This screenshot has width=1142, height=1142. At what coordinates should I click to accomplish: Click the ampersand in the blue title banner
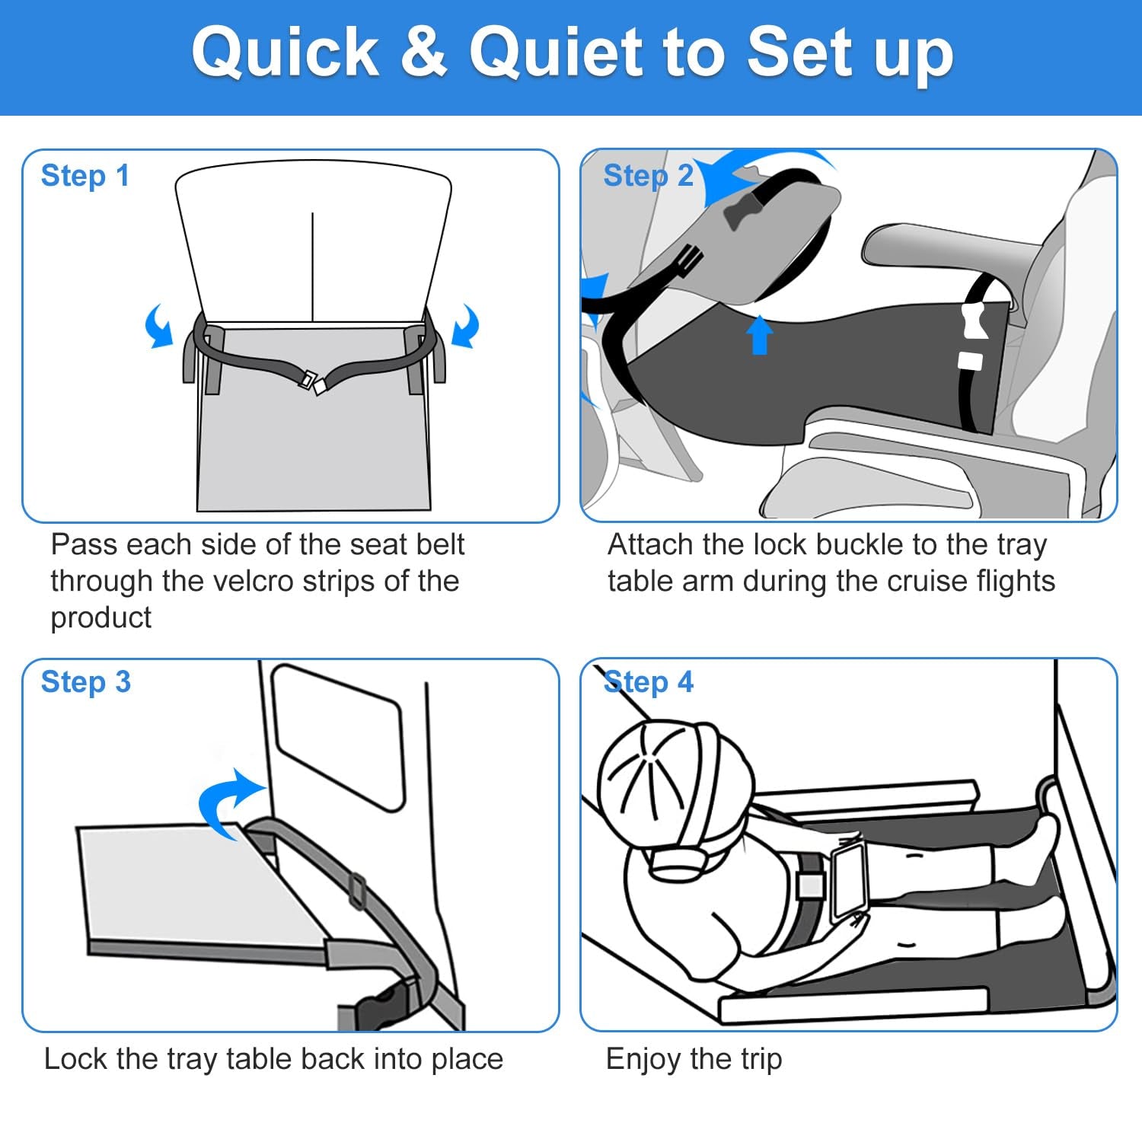(x=423, y=51)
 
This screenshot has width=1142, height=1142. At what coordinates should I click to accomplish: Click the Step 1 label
(x=85, y=176)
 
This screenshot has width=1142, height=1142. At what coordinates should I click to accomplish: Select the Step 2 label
(x=649, y=176)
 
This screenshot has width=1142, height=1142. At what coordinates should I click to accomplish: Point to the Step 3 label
(x=86, y=682)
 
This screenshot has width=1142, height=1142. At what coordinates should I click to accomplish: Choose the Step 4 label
(x=649, y=682)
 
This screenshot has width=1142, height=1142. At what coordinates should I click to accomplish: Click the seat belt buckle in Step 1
(x=312, y=382)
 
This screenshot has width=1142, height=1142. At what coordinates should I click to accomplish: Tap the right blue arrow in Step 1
(x=466, y=326)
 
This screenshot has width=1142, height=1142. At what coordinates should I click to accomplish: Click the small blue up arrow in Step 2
(x=759, y=335)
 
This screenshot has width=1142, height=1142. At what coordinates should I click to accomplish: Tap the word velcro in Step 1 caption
(x=337, y=581)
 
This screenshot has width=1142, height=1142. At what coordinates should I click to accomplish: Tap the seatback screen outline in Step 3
(x=338, y=737)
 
